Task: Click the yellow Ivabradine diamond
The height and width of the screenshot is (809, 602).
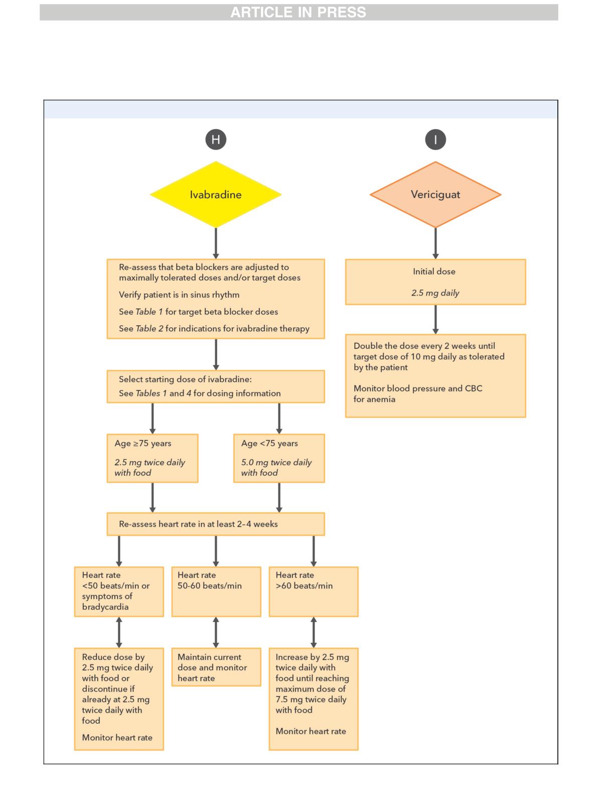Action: point(216,194)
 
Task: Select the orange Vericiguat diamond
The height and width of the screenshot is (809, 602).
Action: point(435,194)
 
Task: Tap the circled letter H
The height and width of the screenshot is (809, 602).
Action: point(216,140)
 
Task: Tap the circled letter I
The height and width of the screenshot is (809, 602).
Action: point(435,140)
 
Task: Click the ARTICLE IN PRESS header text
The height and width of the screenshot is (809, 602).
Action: point(298,13)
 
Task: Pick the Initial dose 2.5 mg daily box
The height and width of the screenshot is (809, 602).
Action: point(435,282)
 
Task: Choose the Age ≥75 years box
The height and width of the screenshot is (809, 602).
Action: point(153,458)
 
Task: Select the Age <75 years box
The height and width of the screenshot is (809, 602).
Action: point(279,458)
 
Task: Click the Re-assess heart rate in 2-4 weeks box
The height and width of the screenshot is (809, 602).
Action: point(216,524)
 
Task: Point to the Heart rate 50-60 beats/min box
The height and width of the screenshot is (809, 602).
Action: point(216,592)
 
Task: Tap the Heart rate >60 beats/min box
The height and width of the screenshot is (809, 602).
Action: point(314,592)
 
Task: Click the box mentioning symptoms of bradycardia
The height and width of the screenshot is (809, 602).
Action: point(119,592)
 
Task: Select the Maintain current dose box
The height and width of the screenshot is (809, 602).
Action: point(216,667)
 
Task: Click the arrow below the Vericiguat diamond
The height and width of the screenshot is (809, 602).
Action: point(435,243)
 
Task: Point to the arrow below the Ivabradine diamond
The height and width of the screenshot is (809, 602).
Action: point(216,243)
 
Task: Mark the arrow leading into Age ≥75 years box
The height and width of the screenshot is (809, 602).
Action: point(153,419)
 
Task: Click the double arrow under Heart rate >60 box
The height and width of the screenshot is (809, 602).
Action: point(314,632)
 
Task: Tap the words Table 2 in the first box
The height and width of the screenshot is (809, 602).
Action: point(149,329)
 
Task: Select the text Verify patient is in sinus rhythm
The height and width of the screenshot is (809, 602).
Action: point(179,295)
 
